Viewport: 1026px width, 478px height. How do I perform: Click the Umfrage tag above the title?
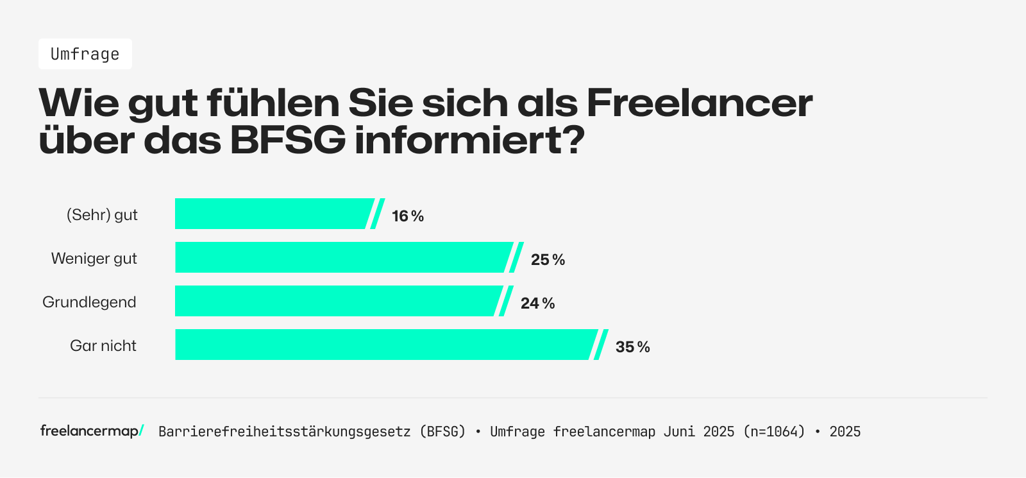85,54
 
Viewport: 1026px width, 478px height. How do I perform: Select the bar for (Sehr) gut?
273,214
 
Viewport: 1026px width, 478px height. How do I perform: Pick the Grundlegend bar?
337,301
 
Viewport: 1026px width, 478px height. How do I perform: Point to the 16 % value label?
408,216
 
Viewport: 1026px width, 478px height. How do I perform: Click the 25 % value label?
548,260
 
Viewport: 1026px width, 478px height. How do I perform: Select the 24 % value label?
537,303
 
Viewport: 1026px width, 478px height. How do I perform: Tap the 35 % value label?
632,347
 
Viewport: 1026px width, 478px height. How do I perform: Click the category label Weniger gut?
94,259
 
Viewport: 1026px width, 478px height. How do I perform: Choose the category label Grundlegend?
89,302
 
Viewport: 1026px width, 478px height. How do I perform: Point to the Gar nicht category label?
103,346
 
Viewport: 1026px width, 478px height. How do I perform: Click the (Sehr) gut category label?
102,215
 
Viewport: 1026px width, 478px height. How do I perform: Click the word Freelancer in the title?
699,103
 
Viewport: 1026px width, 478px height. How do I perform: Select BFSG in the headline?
287,140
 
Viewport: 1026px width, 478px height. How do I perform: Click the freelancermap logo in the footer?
92,431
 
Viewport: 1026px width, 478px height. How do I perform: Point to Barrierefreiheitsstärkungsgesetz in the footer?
284,432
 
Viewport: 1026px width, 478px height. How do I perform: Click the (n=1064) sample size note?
774,432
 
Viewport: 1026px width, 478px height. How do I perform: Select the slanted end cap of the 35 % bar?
600,345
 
